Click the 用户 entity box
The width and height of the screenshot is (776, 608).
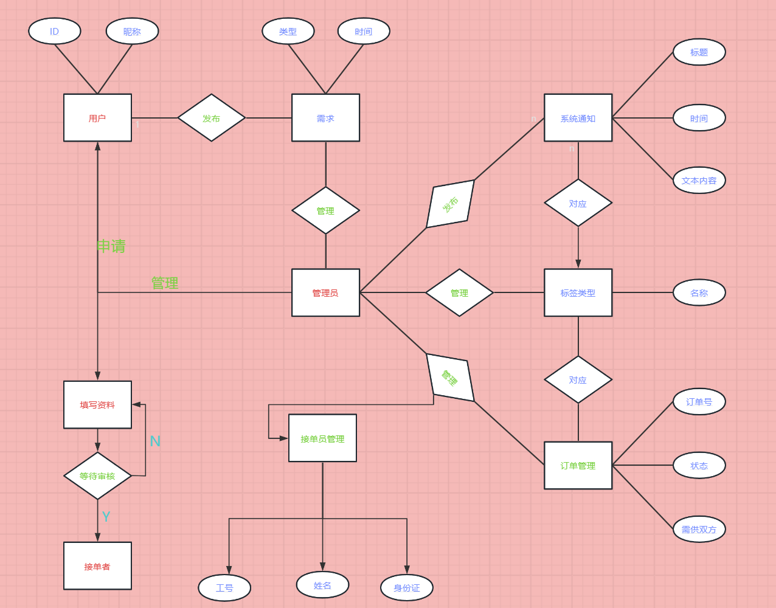click(97, 118)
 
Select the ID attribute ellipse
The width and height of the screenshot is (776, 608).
click(55, 32)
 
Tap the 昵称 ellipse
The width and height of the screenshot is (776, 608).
click(132, 32)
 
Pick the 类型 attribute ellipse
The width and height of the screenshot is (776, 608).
click(288, 32)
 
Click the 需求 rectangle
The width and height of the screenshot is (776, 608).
click(325, 118)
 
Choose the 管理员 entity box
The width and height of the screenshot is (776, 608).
click(325, 292)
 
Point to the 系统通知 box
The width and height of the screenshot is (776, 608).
click(578, 118)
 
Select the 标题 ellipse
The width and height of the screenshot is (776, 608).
click(699, 52)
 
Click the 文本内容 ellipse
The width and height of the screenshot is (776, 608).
click(699, 181)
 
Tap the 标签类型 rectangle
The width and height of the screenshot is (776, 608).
click(578, 292)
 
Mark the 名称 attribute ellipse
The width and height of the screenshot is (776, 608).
click(699, 293)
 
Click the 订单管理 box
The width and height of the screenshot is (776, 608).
click(578, 466)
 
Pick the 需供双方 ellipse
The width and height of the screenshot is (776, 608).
click(699, 530)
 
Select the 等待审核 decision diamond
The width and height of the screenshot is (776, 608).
click(97, 476)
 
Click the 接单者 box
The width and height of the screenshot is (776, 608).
click(97, 566)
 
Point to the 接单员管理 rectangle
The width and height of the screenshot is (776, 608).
click(322, 438)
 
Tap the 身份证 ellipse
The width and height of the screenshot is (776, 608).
click(407, 588)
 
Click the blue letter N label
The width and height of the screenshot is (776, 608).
click(155, 441)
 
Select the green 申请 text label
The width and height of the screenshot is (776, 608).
click(111, 246)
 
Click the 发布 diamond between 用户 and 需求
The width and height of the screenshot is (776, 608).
click(211, 118)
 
